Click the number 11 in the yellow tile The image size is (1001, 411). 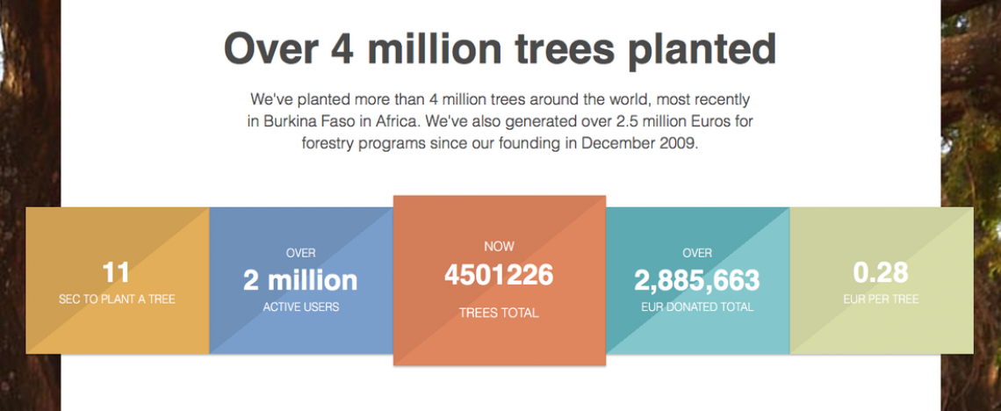coord(116,273)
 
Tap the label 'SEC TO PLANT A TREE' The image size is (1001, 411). coord(117,299)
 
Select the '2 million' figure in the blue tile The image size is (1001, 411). coord(300,280)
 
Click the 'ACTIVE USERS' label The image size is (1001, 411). coord(300,307)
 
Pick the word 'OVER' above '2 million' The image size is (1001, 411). coord(300,254)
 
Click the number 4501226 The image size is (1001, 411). coord(499,275)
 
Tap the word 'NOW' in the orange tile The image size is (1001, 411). coord(499,247)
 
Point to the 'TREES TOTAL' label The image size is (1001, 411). coord(499,313)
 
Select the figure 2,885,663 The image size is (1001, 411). coord(697,280)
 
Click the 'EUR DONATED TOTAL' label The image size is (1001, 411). coord(697,307)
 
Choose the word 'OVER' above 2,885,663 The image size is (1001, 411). coord(697,254)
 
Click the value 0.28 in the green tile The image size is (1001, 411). coord(881,272)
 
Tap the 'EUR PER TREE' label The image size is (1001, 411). coord(881,299)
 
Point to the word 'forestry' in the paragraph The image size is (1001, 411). coord(328,143)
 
